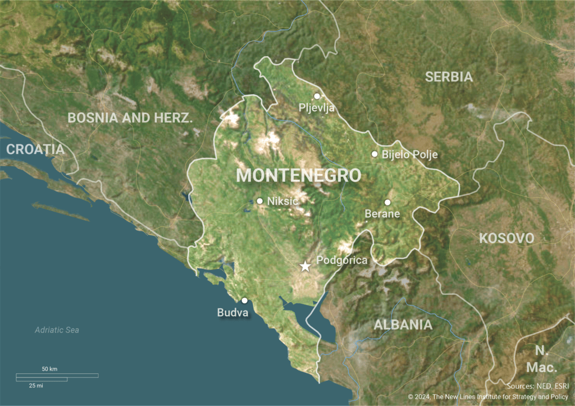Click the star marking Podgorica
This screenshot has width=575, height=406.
tap(305, 266)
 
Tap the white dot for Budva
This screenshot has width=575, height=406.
tap(244, 300)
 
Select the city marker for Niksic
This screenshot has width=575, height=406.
tap(259, 200)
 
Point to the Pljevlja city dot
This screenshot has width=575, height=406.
tap(317, 96)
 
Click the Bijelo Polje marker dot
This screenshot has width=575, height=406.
tap(375, 154)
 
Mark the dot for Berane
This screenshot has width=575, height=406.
tap(387, 202)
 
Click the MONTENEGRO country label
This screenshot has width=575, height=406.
tap(298, 175)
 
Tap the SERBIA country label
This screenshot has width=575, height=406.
tap(449, 77)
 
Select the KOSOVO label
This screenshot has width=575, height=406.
tap(506, 238)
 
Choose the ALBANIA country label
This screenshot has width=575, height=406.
tap(403, 325)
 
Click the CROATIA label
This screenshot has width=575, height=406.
tap(35, 149)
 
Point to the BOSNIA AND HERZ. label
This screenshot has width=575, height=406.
tap(130, 118)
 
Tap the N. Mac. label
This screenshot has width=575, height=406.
tap(541, 359)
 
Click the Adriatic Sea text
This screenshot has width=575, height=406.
tap(57, 330)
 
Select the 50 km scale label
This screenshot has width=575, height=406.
tap(49, 369)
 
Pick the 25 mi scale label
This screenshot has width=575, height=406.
tap(35, 386)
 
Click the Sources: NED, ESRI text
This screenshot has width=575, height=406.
tap(537, 386)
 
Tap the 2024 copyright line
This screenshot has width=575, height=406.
tap(488, 397)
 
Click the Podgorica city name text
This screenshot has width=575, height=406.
tap(342, 261)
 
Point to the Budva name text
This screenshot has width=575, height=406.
tap(232, 313)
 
